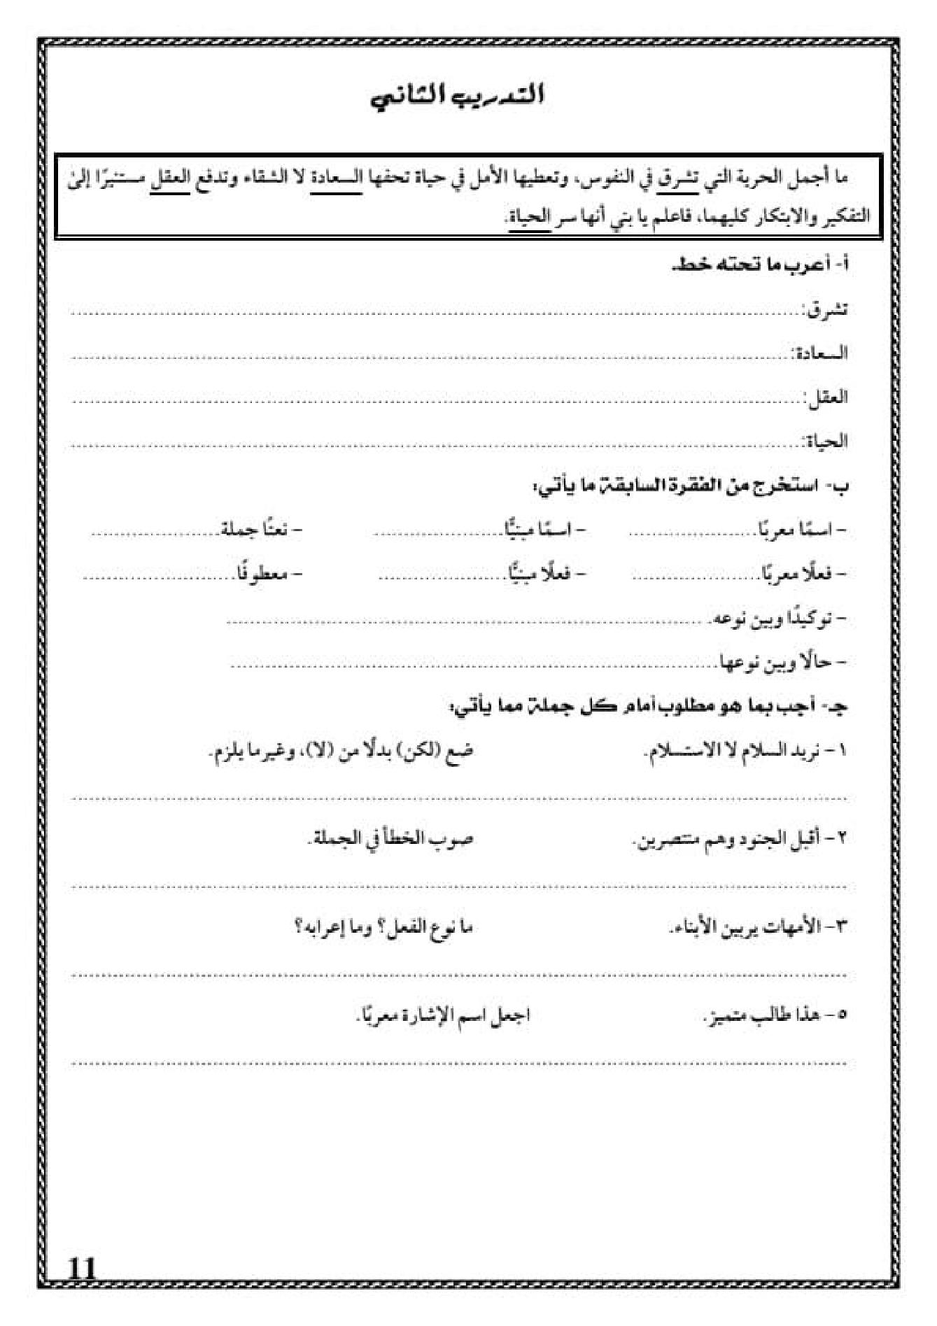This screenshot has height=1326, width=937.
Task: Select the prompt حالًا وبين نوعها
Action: [784, 662]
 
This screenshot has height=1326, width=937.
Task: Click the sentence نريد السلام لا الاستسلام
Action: [745, 752]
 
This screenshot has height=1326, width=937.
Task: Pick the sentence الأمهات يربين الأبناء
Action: [758, 928]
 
